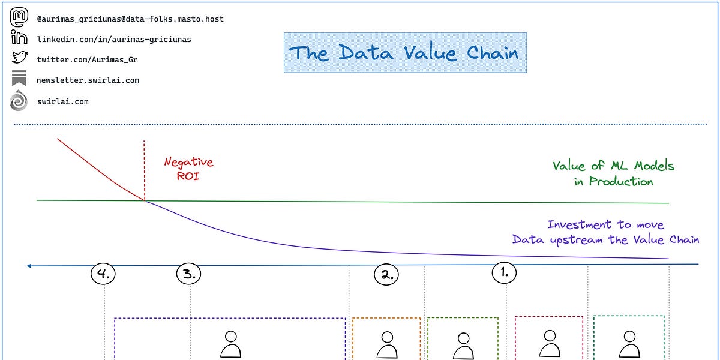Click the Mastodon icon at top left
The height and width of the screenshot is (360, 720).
click(19, 18)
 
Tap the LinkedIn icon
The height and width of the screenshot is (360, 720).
click(19, 38)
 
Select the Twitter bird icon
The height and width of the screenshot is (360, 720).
click(19, 59)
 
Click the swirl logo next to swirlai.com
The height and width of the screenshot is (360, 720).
click(19, 101)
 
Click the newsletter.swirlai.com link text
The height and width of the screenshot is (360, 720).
click(88, 80)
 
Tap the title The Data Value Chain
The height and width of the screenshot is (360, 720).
click(404, 53)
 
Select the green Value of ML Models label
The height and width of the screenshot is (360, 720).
click(613, 173)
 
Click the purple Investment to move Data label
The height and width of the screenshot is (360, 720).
click(605, 232)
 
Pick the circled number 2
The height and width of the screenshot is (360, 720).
click(386, 275)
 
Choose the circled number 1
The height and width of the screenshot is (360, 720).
click(504, 272)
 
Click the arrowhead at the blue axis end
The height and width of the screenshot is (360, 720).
click(29, 265)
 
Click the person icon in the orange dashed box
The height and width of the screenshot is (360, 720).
click(387, 345)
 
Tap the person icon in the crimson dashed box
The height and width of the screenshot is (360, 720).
click(550, 344)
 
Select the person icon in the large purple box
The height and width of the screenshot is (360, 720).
click(230, 345)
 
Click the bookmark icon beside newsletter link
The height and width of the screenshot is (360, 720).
click(19, 79)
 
